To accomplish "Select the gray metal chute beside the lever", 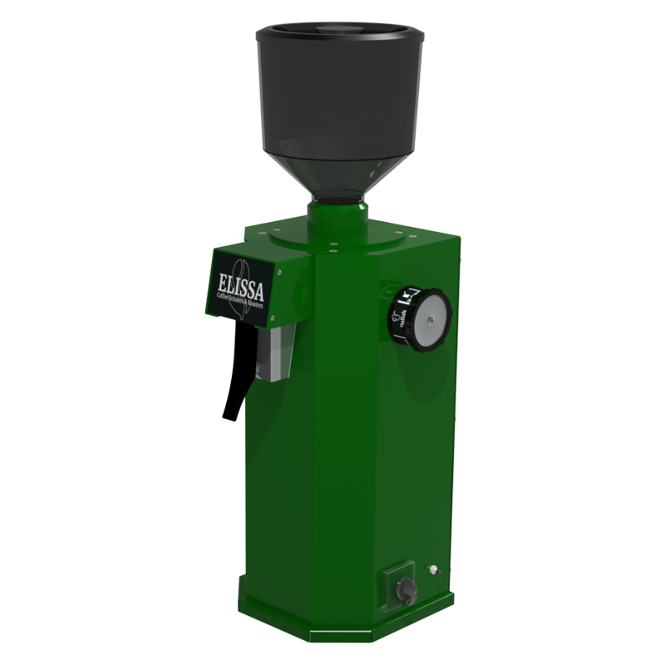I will click(275, 354).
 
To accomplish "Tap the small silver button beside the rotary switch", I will click(432, 569).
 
